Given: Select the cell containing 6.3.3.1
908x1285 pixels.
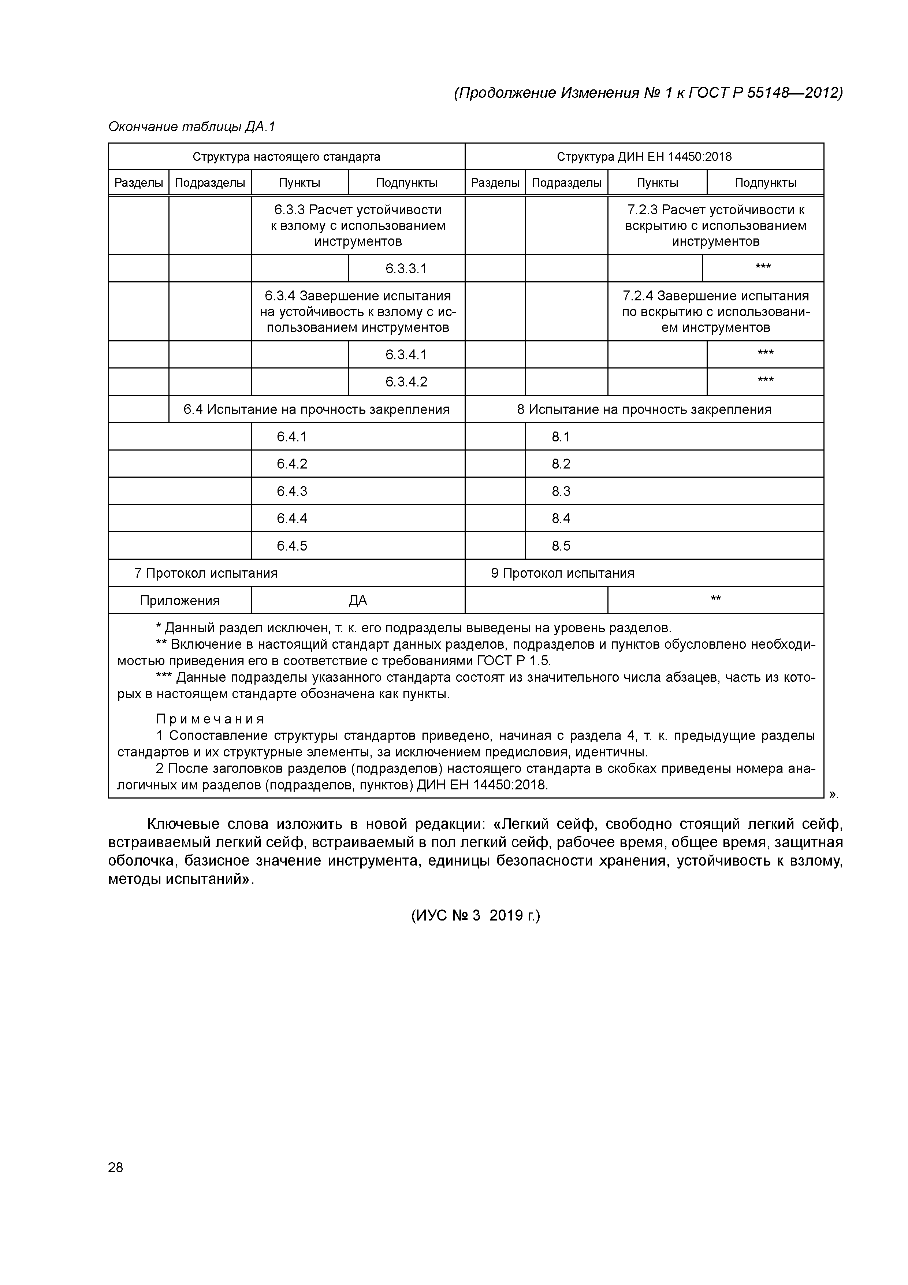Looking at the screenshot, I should click(x=406, y=269).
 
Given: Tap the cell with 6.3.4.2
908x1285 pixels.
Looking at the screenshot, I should click(x=406, y=382).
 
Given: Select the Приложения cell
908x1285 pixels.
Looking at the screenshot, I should click(x=179, y=600).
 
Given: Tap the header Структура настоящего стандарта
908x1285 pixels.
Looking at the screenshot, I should click(x=286, y=157).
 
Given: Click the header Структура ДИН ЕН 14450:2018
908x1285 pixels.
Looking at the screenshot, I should click(x=644, y=157).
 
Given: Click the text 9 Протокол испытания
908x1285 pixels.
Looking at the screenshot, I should click(x=562, y=573).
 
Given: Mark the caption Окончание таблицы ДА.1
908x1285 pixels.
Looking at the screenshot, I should click(x=192, y=127).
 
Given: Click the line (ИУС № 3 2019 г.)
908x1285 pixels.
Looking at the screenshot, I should click(x=476, y=916).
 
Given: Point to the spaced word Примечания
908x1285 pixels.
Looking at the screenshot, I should click(x=210, y=719).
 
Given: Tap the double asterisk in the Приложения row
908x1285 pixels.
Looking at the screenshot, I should click(x=715, y=599).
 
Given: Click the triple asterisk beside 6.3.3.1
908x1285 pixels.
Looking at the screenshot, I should click(x=763, y=267).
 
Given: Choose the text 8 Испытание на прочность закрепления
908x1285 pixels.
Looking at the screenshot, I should click(x=644, y=409).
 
